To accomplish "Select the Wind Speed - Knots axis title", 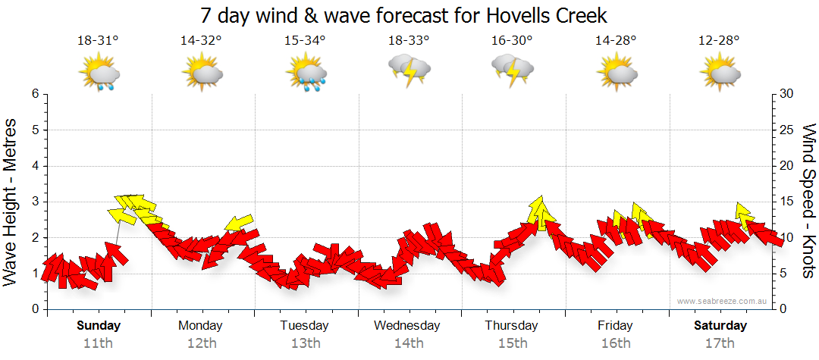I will [808, 200].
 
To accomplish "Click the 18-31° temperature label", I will [98, 41].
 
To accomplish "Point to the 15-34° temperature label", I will [305, 41].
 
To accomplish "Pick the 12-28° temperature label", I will [719, 41].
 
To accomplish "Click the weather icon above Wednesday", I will [409, 70].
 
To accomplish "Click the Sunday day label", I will [99, 326].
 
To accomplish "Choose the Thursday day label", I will [511, 326].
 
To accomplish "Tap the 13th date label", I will [305, 343].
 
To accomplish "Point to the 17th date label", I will [720, 343].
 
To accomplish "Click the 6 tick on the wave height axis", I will [35, 94].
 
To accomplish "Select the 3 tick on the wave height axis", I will [35, 202].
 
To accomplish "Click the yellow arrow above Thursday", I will [539, 212].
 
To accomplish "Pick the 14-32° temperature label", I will [202, 41].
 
